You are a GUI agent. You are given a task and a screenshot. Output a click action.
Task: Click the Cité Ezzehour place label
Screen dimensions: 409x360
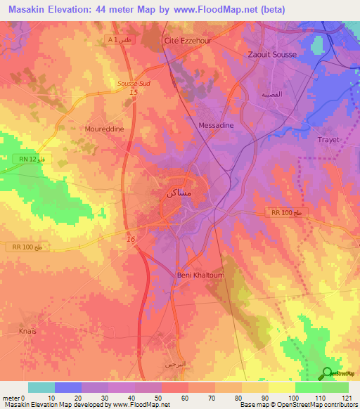[188, 41]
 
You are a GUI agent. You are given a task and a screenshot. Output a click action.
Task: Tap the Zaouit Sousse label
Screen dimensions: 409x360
[273, 54]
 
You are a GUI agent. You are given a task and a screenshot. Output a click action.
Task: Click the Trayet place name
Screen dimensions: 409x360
[328, 139]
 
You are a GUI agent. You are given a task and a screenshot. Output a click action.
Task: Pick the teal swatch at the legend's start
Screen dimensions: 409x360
[41, 387]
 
